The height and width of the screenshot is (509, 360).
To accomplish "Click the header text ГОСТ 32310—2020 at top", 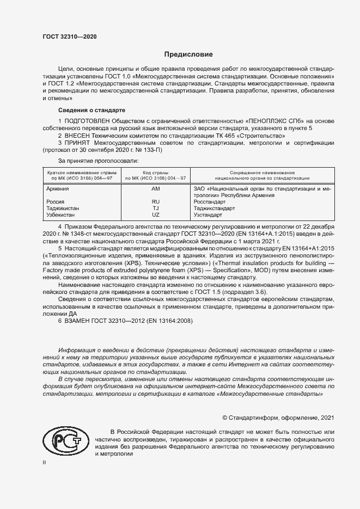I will coord(70,36).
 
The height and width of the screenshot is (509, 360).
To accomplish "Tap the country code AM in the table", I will coord(155,189).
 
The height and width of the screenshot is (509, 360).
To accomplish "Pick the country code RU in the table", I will coord(155,202).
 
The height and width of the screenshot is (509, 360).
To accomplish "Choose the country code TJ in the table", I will coord(155,208).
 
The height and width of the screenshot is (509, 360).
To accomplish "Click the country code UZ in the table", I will coord(155,215).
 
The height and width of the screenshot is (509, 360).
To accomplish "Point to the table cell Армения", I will coord(58,189).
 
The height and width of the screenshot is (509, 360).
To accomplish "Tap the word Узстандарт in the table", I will coord(209,215).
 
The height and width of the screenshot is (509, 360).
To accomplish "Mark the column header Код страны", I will coord(155,172).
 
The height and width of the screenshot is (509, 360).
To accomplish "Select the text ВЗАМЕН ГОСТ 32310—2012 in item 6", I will coord(107,320).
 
